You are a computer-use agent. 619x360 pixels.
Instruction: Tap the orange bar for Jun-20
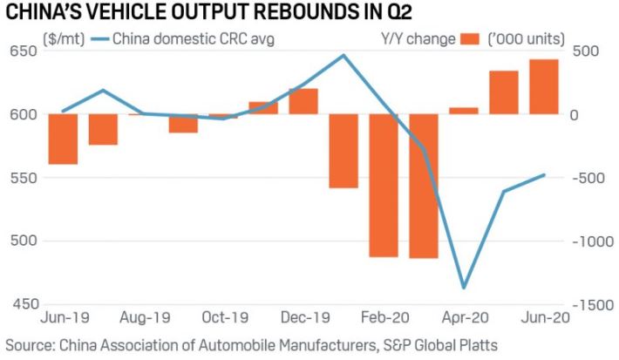544,86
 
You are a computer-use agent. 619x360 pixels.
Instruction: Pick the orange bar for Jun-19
63,139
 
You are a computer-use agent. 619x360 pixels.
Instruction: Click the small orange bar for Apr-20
463,111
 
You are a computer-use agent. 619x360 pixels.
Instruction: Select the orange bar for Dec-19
303,101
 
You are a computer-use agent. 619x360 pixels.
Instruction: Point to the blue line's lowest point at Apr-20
463,287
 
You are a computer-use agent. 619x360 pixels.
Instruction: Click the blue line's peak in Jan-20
344,56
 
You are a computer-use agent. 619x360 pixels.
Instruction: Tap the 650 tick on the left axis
23,51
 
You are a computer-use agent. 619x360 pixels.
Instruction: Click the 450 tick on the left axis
23,304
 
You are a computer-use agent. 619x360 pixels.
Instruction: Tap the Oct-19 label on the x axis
224,319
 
